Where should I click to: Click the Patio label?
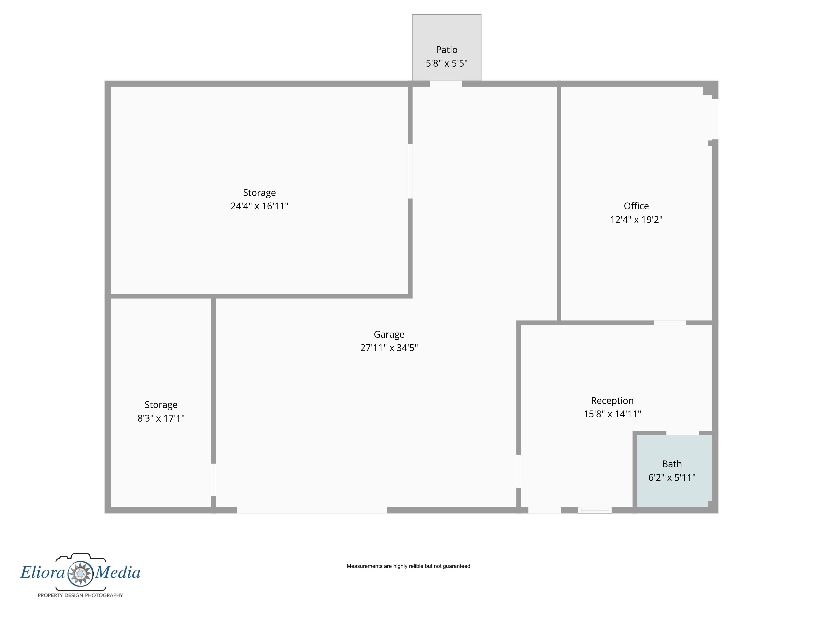point(446,50)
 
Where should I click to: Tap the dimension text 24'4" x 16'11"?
point(259,206)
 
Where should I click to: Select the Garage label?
point(389,335)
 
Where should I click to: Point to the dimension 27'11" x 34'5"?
point(389,348)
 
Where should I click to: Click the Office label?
point(636,206)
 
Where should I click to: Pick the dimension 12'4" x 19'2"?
point(636,219)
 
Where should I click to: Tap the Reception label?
point(612,401)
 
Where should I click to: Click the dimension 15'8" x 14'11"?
point(612,414)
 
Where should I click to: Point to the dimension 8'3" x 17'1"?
point(161,418)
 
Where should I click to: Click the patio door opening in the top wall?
point(446,84)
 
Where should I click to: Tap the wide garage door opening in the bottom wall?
point(312,510)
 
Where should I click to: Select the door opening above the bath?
point(682,433)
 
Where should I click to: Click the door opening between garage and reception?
point(518,471)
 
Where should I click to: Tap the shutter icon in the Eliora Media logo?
point(80,573)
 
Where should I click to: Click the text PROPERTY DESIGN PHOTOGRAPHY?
point(80,595)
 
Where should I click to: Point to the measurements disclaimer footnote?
point(408,566)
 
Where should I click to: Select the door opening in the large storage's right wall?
point(410,172)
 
